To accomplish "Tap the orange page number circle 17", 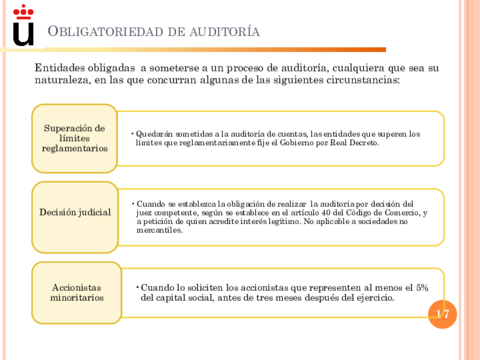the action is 442,314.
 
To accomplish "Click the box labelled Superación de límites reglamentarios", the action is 73,138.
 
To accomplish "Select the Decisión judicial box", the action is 74,212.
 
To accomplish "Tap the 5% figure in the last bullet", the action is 421,286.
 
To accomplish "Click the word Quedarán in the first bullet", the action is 155,134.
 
